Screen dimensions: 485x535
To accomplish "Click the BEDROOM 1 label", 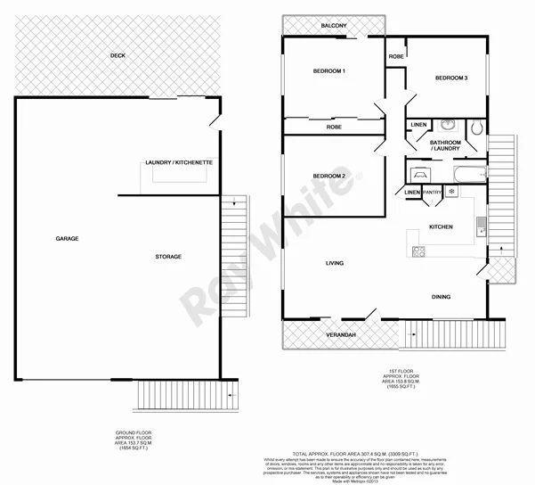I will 328,70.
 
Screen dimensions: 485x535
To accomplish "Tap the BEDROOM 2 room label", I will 328,176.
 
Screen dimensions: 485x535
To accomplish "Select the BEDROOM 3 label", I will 451,78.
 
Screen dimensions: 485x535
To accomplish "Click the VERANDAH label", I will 340,334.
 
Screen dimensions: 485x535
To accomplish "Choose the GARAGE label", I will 67,239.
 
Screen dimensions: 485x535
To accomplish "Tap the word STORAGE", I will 168,257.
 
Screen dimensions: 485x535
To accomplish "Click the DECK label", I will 117,55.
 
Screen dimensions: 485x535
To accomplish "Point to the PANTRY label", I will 433,192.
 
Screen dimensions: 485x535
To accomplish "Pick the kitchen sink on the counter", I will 479,226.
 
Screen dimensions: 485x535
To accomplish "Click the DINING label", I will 441,297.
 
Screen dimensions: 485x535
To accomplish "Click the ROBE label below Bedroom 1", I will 334,127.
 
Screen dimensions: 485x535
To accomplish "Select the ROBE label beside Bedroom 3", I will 395,57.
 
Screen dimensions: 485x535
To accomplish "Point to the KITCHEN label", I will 441,227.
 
